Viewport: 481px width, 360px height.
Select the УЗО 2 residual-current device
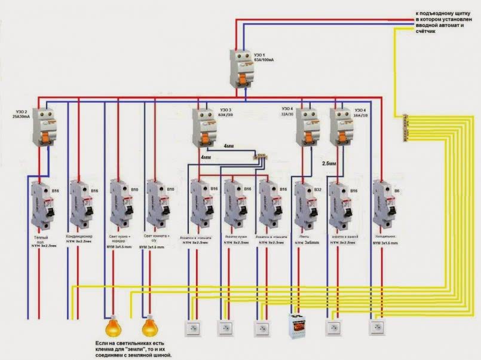(43, 126)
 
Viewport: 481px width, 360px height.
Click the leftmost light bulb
(112, 328)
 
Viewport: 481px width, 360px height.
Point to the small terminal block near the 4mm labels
(261, 156)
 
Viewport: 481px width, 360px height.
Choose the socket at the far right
(377, 328)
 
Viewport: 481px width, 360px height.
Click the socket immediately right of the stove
(332, 328)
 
